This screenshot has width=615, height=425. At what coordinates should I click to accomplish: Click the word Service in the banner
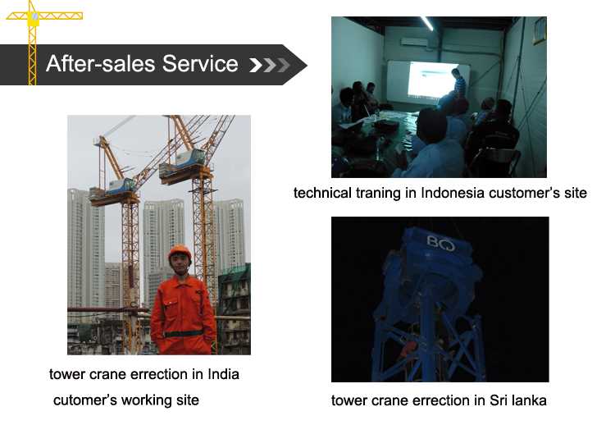(203, 64)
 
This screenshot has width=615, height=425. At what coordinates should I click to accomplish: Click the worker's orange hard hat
(180, 251)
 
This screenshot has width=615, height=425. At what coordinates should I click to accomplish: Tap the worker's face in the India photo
(180, 263)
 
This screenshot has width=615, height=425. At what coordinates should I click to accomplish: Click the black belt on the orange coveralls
(183, 332)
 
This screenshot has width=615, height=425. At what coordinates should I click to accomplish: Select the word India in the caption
(222, 374)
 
